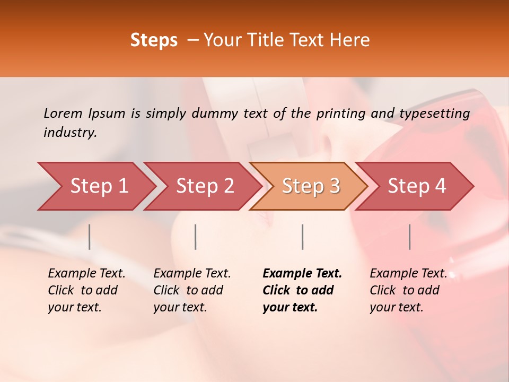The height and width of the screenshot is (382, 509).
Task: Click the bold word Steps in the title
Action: (154, 40)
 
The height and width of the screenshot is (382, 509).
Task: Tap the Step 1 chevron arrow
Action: (99, 186)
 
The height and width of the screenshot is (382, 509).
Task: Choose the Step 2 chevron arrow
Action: (205, 186)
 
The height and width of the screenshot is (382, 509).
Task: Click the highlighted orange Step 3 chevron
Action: (311, 186)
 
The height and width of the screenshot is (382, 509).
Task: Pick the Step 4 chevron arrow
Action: (417, 186)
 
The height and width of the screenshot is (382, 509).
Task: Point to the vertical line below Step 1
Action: (90, 237)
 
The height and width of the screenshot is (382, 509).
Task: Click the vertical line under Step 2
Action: (196, 237)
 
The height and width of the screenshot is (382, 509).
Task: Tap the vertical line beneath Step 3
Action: (302, 237)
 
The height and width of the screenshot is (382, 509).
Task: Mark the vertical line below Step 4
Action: (409, 237)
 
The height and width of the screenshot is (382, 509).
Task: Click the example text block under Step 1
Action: (86, 290)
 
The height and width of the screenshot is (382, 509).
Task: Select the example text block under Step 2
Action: (192, 290)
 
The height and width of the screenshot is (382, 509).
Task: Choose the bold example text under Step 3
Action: (302, 290)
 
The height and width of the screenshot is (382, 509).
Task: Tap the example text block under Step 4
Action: (408, 290)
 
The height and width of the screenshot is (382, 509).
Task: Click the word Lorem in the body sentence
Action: (63, 113)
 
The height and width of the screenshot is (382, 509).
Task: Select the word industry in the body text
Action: (69, 132)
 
